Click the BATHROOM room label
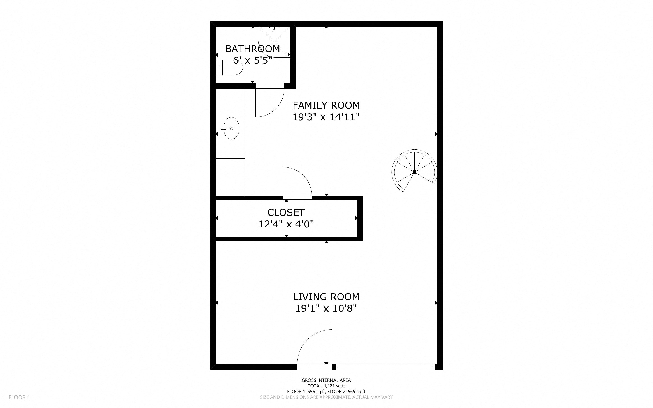pos(252,49)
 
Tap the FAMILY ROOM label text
pos(326,105)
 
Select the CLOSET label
pos(286,212)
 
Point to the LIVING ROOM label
pos(326,297)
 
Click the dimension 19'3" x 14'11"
pos(326,117)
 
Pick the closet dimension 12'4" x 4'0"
pos(286,224)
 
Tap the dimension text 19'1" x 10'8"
pos(326,308)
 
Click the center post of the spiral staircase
pos(414,172)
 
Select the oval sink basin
pos(232,128)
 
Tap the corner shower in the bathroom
pos(274,42)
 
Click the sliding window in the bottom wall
pos(385,367)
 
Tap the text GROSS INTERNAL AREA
pos(326,380)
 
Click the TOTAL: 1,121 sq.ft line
pos(326,386)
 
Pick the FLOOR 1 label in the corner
pos(19,397)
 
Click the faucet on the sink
pos(224,128)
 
